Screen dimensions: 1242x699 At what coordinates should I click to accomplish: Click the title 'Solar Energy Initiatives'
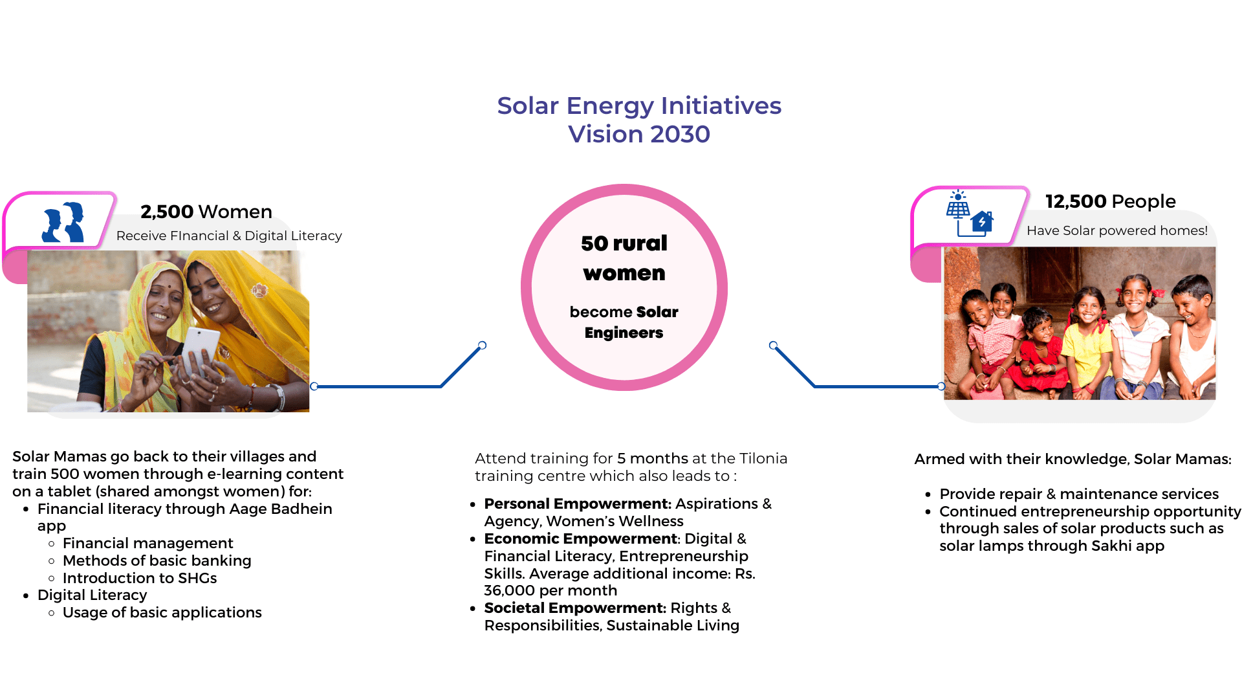(x=639, y=105)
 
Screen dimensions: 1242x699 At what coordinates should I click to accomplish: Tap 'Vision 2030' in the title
(x=639, y=134)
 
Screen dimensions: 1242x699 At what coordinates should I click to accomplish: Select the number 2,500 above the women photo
(x=167, y=212)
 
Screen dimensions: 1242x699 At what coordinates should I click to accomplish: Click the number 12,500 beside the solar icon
(x=1076, y=201)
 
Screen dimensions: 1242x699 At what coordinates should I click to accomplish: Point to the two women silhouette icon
(x=63, y=222)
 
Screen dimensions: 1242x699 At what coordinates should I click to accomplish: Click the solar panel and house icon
(x=969, y=214)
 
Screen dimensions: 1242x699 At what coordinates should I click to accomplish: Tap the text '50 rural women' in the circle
(x=624, y=258)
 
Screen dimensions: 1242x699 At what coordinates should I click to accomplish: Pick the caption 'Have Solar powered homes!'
(x=1117, y=230)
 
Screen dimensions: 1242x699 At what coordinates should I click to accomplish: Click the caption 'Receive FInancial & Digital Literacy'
(x=229, y=236)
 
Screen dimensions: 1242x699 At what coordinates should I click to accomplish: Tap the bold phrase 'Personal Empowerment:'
(x=578, y=504)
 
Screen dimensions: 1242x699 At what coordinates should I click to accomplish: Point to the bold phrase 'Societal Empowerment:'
(x=575, y=608)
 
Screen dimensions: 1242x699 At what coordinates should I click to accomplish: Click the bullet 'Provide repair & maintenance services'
(x=1079, y=494)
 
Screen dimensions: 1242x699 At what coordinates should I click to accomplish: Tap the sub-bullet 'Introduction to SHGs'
(x=140, y=578)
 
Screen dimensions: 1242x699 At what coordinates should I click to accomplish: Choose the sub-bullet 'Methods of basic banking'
(x=157, y=560)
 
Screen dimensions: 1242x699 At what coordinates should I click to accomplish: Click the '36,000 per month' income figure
(x=550, y=590)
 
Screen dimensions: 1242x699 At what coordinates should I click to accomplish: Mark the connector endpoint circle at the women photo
(x=314, y=386)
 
